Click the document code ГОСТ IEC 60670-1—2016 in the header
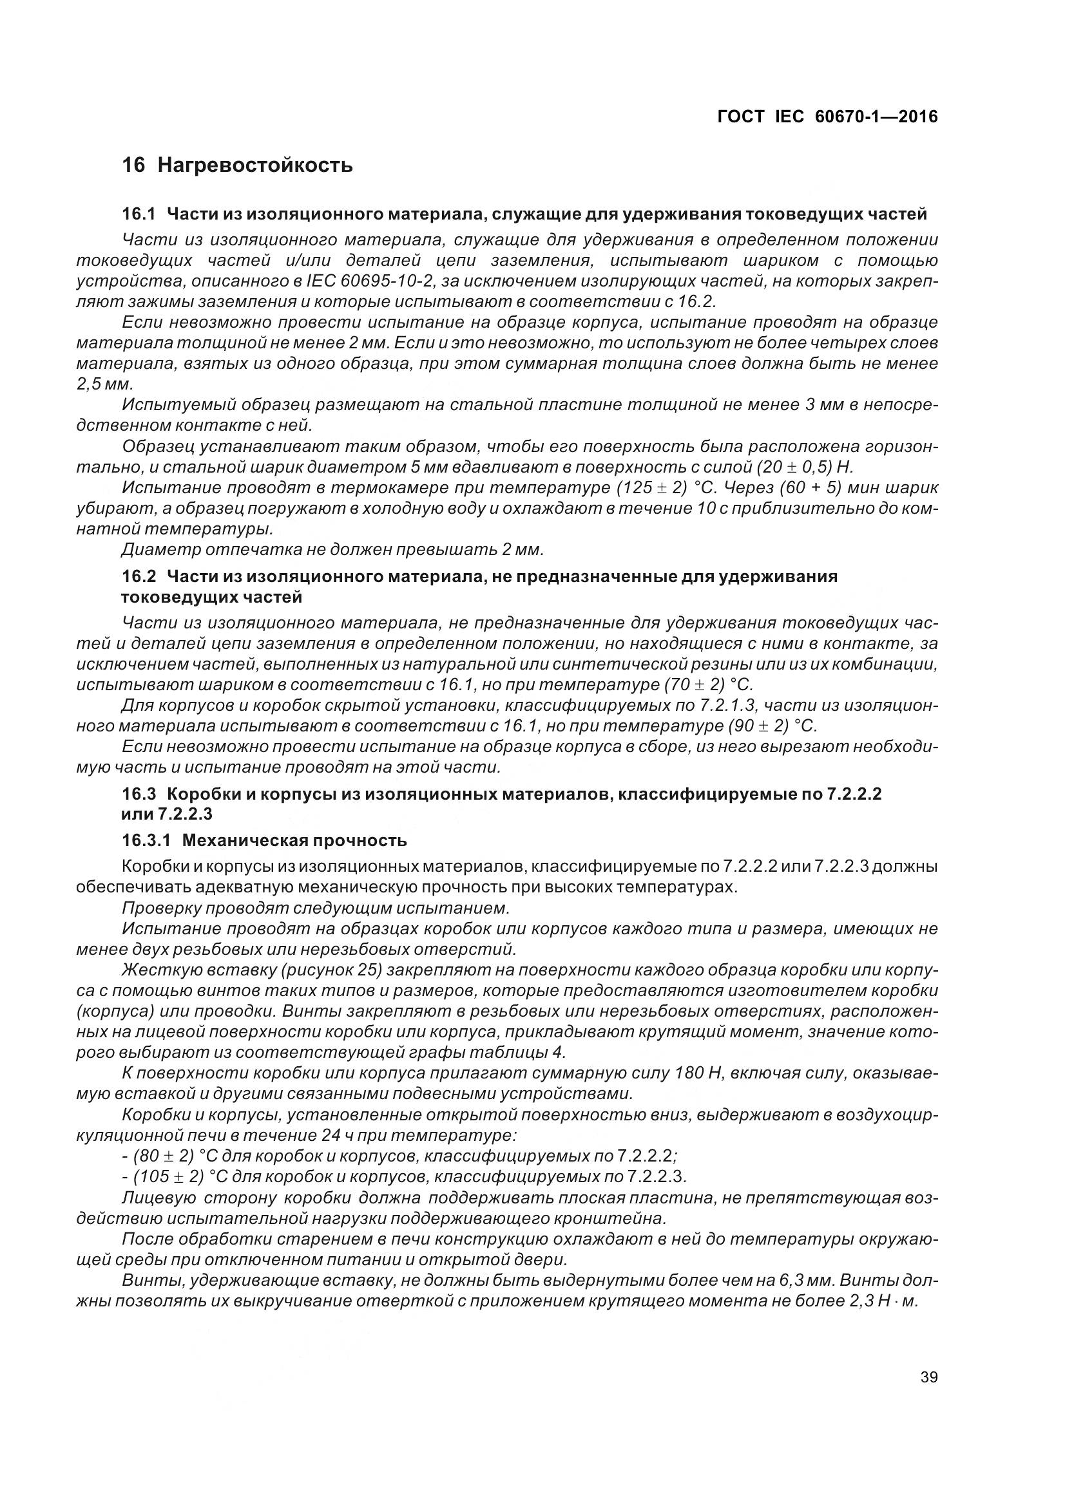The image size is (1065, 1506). (x=827, y=117)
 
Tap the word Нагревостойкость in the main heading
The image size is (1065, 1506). (x=255, y=165)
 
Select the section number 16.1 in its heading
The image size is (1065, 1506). (x=138, y=214)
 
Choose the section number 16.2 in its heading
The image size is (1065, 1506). (x=138, y=576)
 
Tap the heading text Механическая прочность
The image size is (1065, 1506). (x=294, y=840)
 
